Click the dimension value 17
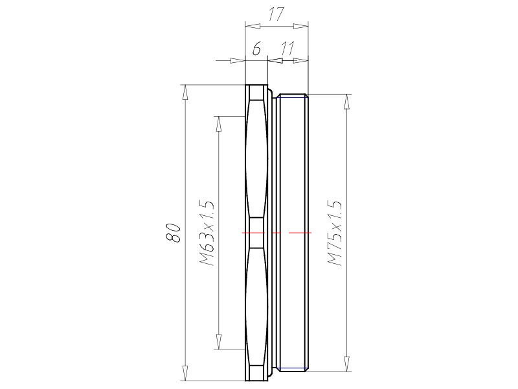click(x=276, y=14)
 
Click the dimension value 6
click(x=256, y=49)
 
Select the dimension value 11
click(x=287, y=49)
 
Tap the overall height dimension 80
click(x=173, y=233)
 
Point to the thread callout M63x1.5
click(x=207, y=233)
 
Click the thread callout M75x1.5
click(x=334, y=233)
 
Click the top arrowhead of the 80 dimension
click(x=185, y=92)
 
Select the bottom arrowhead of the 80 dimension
click(x=185, y=373)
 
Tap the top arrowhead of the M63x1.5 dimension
click(x=218, y=124)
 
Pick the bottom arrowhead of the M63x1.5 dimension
click(x=218, y=342)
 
